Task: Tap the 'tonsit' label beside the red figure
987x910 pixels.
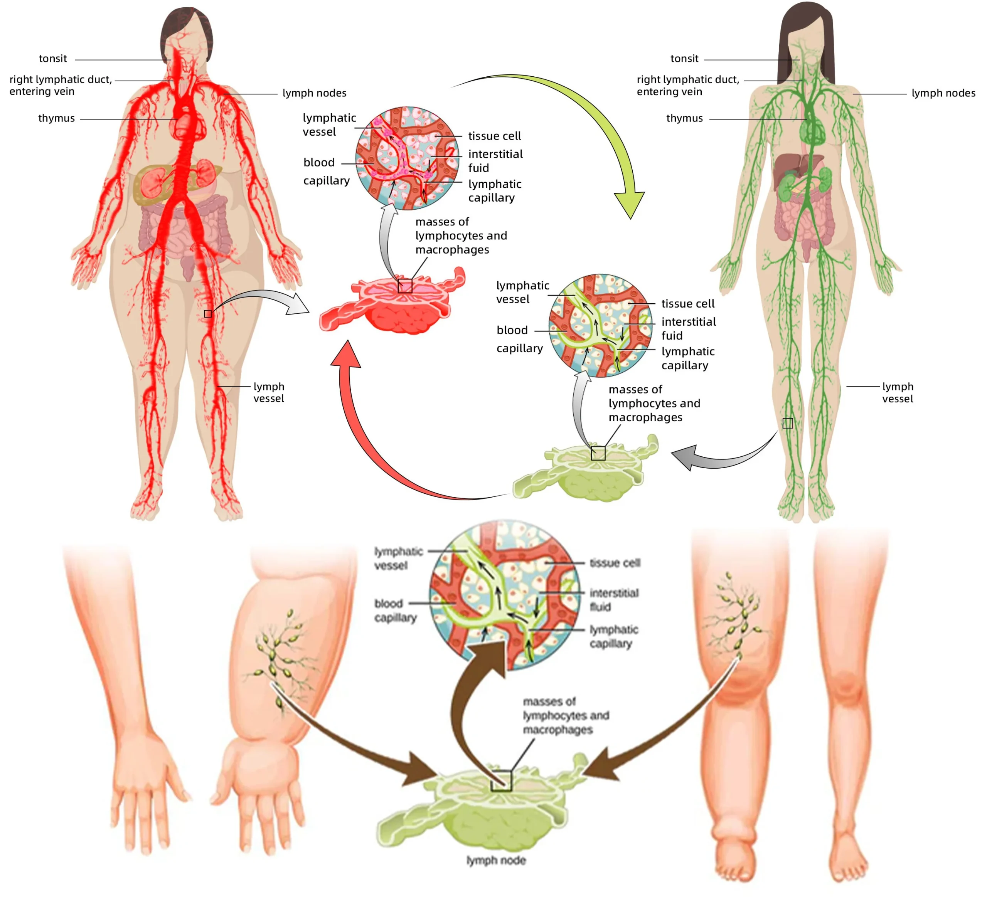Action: [x=53, y=59]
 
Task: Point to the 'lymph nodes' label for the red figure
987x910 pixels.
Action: [x=314, y=93]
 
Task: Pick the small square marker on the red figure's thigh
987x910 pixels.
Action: [x=208, y=314]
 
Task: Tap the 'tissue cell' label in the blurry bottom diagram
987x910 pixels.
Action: [x=615, y=562]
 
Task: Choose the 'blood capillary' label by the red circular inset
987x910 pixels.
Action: [x=325, y=172]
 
